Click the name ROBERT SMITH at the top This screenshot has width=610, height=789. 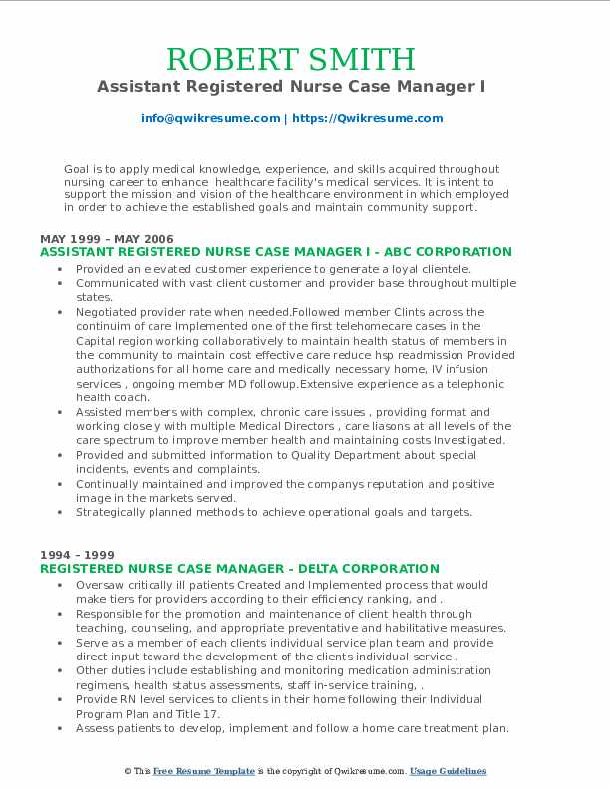[291, 60]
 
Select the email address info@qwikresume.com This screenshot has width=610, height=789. [210, 118]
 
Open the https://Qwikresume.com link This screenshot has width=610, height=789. [367, 118]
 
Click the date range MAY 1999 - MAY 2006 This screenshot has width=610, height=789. [107, 239]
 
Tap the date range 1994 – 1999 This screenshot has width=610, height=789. [77, 555]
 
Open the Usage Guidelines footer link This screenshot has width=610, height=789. [448, 772]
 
